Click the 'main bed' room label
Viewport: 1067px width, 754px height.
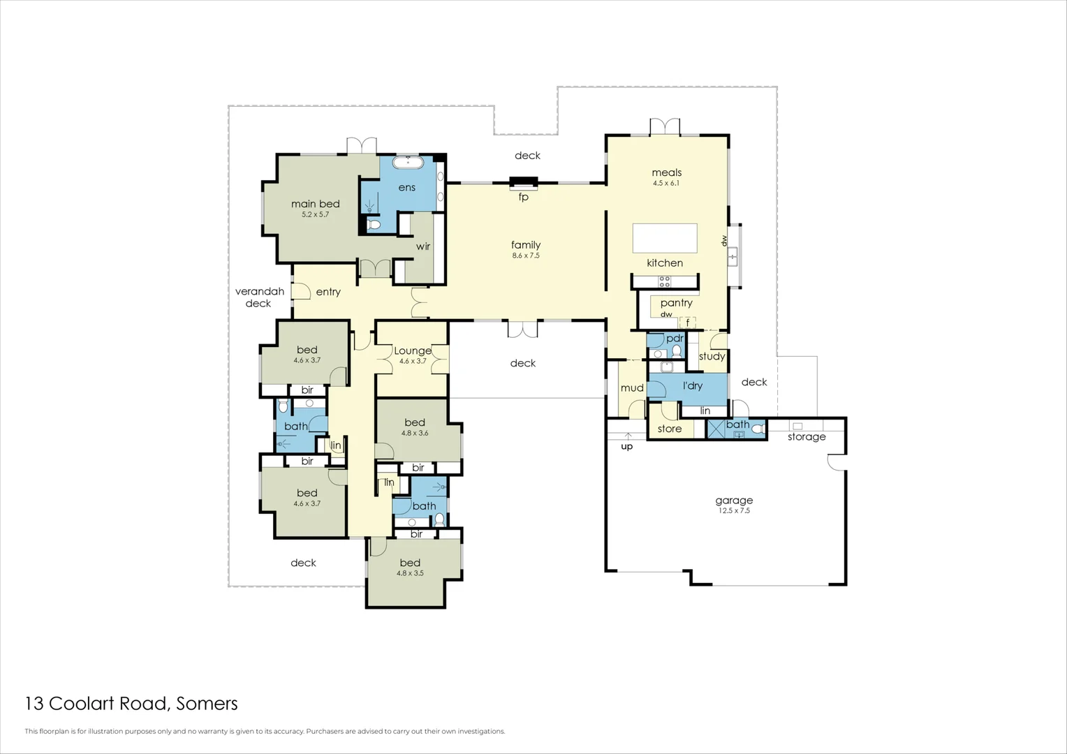coord(315,204)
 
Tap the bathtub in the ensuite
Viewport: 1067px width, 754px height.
coord(407,163)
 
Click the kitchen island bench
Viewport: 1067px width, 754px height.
coord(665,238)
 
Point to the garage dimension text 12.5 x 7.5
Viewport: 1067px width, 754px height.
coord(734,511)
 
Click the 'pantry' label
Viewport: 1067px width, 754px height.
coord(676,303)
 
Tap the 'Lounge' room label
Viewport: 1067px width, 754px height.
coord(412,350)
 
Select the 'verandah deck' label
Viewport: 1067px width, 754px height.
coord(259,297)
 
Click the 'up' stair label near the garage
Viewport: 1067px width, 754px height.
coord(626,447)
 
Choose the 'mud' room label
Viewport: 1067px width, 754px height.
coord(632,388)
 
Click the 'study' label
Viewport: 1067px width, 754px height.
coord(712,357)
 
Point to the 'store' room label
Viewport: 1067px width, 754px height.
coord(669,429)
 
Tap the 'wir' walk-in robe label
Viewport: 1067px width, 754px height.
coord(423,246)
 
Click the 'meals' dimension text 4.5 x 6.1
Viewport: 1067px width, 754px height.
coord(666,184)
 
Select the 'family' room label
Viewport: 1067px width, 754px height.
coord(526,245)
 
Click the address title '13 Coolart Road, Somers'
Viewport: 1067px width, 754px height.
coord(131,704)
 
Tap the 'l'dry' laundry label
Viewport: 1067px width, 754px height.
coord(692,386)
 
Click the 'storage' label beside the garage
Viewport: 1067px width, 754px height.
coord(807,437)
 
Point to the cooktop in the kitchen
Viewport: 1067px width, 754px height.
coord(665,281)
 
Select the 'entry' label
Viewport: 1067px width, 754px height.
coord(328,292)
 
